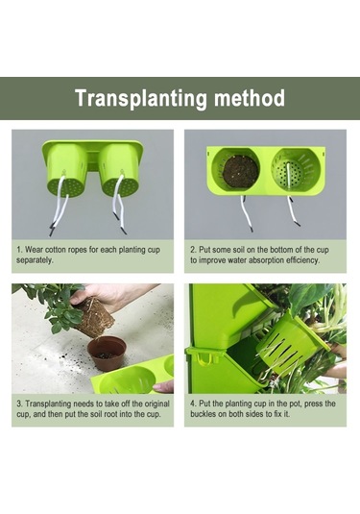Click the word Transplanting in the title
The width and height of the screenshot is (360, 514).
click(141, 98)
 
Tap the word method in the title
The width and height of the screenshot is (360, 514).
click(250, 98)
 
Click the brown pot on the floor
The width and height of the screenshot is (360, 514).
click(108, 354)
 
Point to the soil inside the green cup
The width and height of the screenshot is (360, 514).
click(240, 171)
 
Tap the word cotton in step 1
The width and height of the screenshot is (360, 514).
click(55, 250)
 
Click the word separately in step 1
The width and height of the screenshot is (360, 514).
click(35, 260)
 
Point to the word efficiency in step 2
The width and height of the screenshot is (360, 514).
click(302, 260)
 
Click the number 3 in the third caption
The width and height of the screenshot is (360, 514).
click(19, 404)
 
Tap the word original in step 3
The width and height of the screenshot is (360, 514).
click(157, 404)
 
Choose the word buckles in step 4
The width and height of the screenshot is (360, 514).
click(204, 414)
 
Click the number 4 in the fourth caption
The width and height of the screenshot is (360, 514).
click(193, 404)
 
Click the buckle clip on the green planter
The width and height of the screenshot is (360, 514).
click(203, 356)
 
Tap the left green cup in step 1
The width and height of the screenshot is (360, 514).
click(66, 170)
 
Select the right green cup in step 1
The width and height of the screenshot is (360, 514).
click(120, 170)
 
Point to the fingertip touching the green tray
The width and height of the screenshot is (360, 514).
click(158, 388)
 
